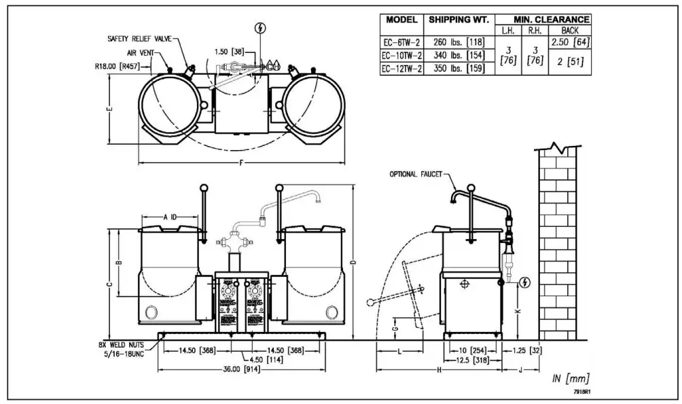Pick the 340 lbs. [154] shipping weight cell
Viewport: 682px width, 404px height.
coord(459,55)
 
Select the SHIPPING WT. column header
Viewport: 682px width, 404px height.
coord(459,20)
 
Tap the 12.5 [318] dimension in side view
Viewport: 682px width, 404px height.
coord(473,359)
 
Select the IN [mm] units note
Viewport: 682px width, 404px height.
coord(569,378)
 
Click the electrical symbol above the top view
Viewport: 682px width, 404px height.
coord(258,29)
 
